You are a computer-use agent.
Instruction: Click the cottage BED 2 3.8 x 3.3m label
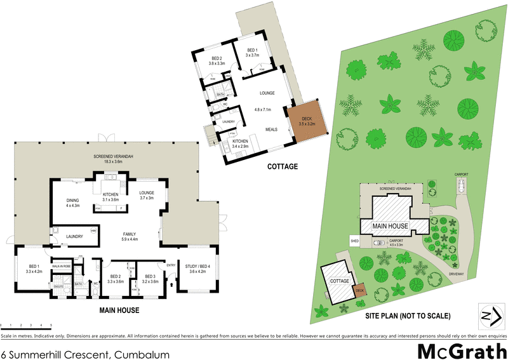coord(218,61)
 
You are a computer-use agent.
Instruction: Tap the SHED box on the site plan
coord(354,241)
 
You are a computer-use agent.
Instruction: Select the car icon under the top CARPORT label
coord(460,185)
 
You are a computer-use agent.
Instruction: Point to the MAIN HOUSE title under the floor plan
coord(119,310)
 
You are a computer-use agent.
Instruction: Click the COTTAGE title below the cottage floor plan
coord(279,168)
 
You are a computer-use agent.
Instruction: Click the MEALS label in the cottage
coord(271,130)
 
